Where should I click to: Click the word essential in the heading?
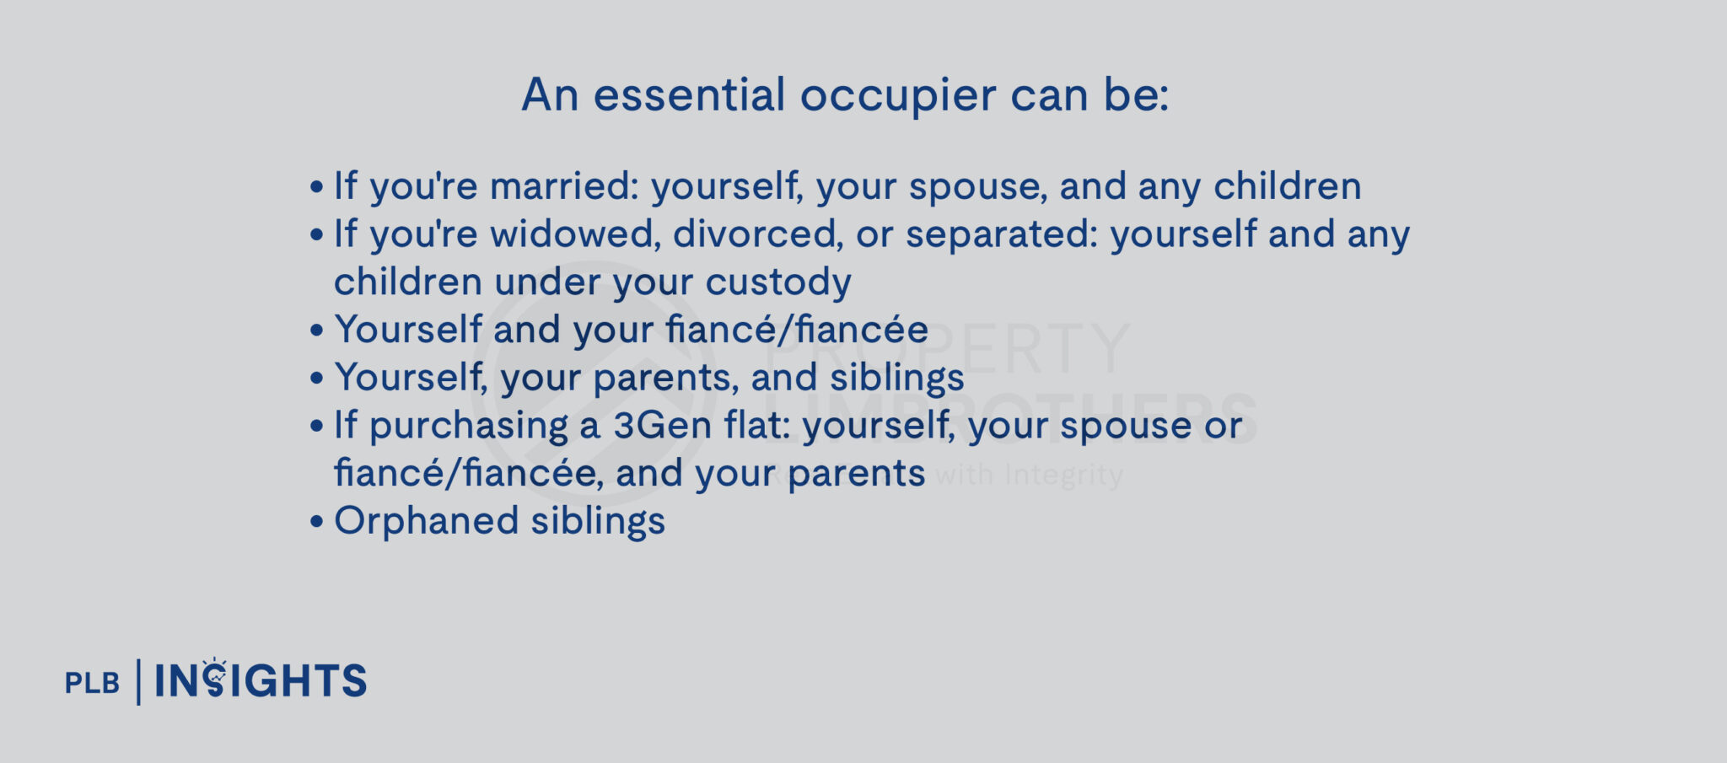pos(689,94)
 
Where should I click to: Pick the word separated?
pos(1002,234)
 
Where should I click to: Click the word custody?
pos(777,282)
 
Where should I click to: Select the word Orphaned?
pos(426,521)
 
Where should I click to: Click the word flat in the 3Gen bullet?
pos(756,426)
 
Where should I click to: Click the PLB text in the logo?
pos(92,682)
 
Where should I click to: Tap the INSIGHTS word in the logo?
pos(261,681)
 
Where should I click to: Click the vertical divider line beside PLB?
pos(138,682)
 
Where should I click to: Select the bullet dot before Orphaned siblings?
pos(316,522)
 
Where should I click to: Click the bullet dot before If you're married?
pos(316,187)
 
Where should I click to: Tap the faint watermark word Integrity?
pos(1063,475)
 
